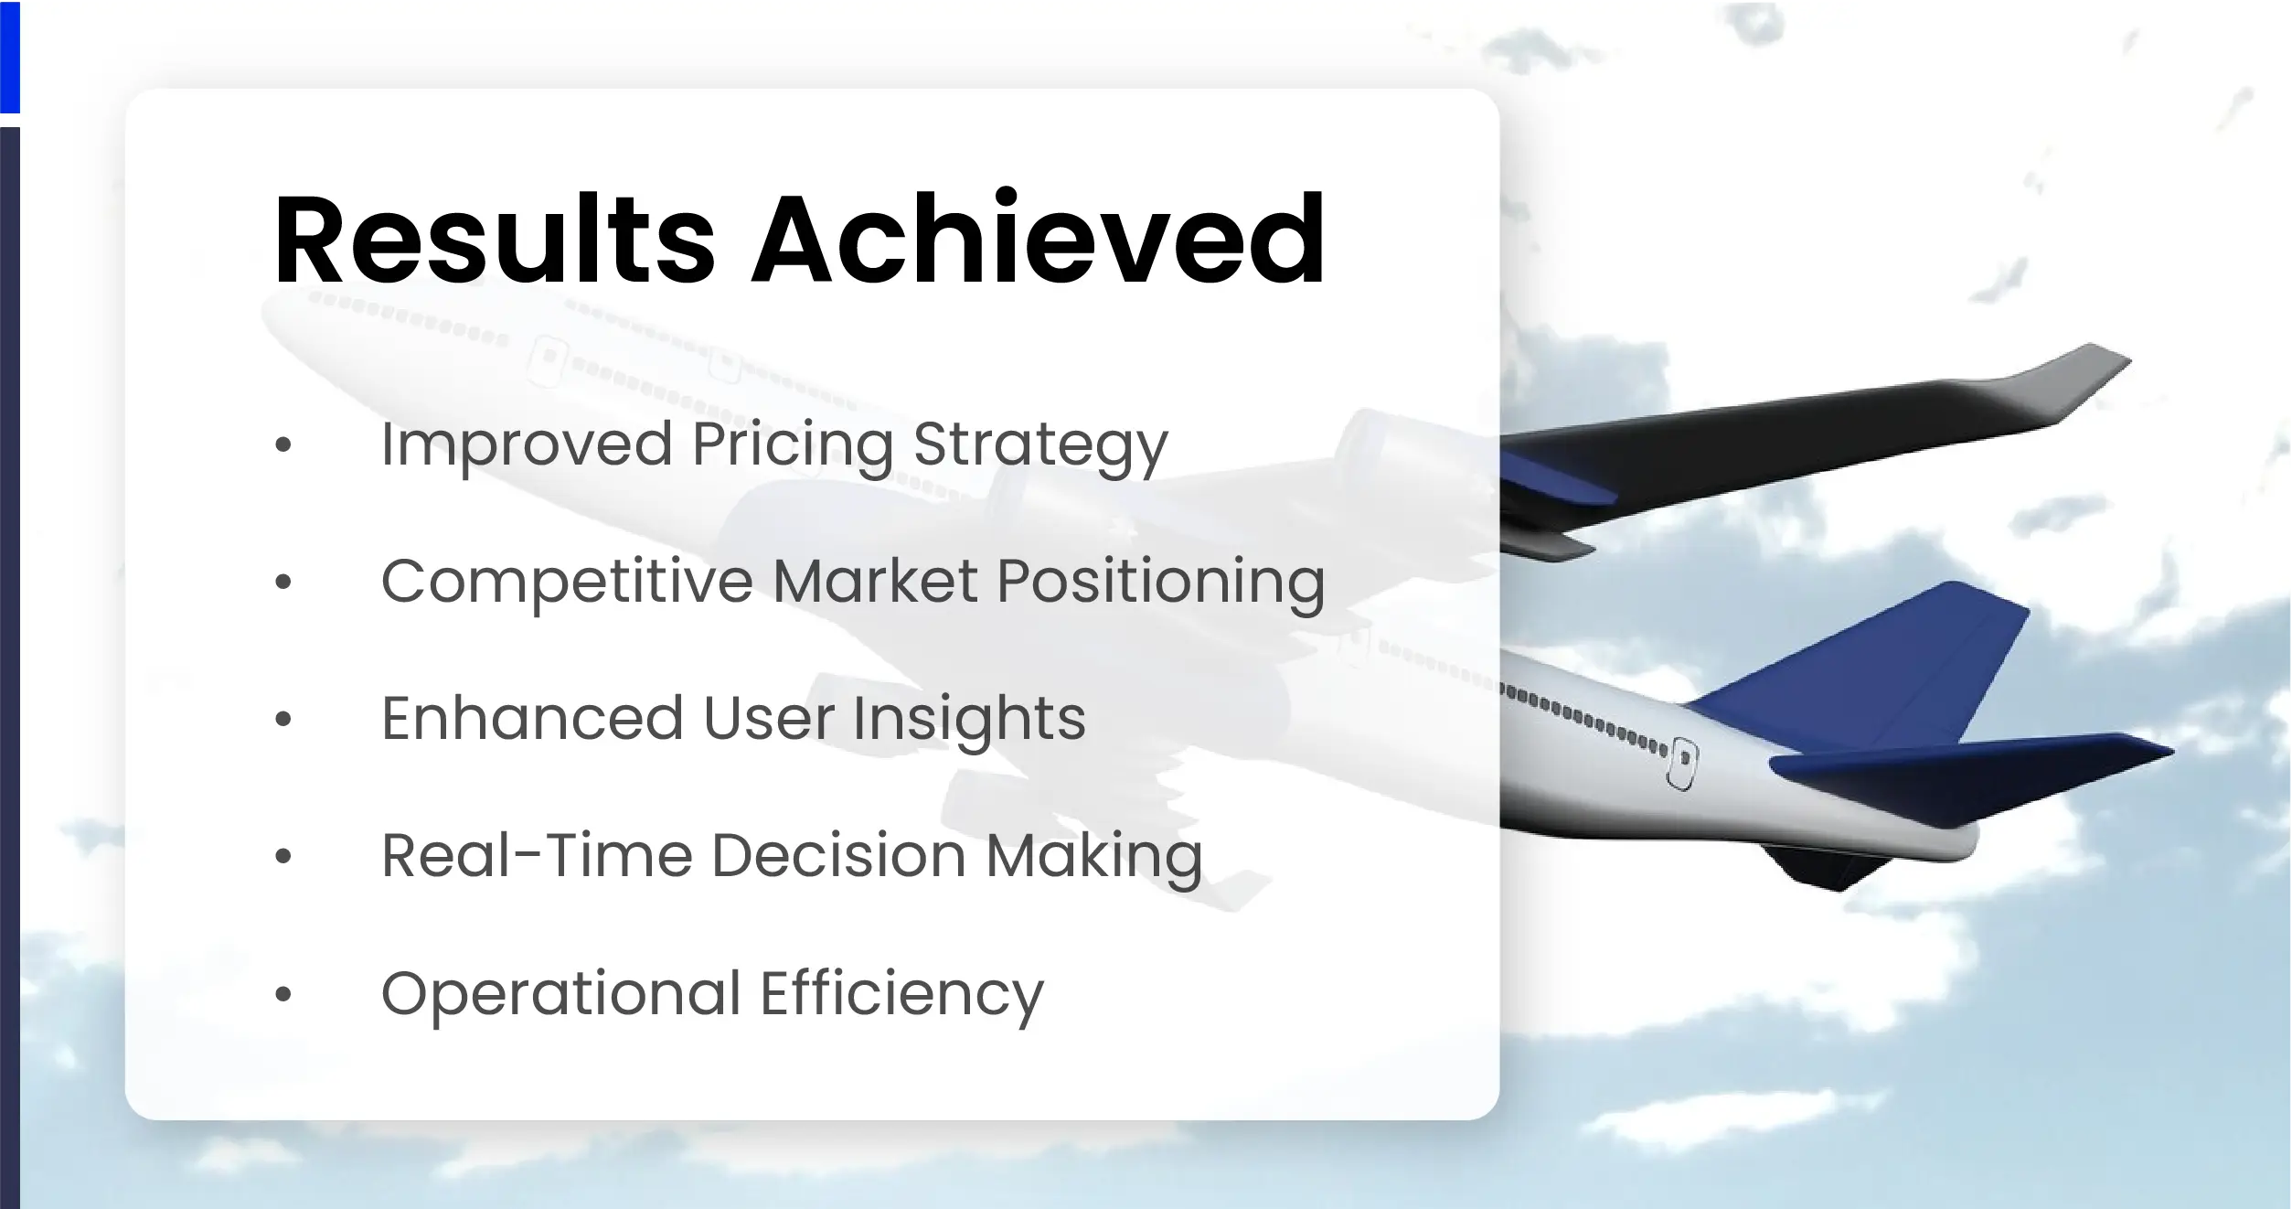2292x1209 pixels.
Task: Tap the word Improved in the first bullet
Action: click(526, 445)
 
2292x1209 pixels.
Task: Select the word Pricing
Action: click(792, 445)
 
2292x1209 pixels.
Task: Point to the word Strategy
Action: click(1040, 445)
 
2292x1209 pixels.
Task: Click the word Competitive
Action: click(567, 583)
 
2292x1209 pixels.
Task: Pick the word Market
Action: click(875, 583)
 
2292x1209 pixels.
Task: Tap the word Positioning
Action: click(1160, 583)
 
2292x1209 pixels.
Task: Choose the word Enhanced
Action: click(532, 719)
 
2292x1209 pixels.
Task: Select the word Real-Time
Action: click(537, 857)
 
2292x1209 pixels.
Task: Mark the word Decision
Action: click(838, 857)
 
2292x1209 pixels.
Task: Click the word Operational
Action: click(560, 994)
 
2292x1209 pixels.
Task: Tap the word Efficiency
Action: click(901, 994)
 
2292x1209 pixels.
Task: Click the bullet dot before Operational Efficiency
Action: click(283, 994)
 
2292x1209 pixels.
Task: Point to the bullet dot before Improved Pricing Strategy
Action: click(283, 445)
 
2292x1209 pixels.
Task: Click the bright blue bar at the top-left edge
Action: click(9, 55)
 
